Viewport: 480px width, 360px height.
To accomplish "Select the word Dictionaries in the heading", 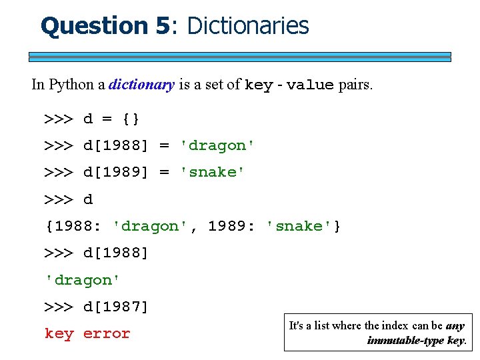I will pyautogui.click(x=248, y=26).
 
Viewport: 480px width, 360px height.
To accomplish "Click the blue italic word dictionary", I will pyautogui.click(x=141, y=85).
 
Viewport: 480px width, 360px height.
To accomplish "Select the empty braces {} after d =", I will pyautogui.click(x=131, y=119).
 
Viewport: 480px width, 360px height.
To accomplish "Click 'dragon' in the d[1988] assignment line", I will pyautogui.click(x=218, y=146).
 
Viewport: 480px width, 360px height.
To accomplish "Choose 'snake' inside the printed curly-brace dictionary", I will pyautogui.click(x=299, y=227).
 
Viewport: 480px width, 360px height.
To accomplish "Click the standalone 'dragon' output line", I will pyautogui.click(x=83, y=281).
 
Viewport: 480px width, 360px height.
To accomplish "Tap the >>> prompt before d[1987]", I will pyautogui.click(x=59, y=307).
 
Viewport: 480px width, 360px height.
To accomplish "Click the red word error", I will pyautogui.click(x=107, y=334).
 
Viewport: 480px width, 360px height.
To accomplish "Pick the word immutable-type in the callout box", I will pyautogui.click(x=405, y=341).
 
